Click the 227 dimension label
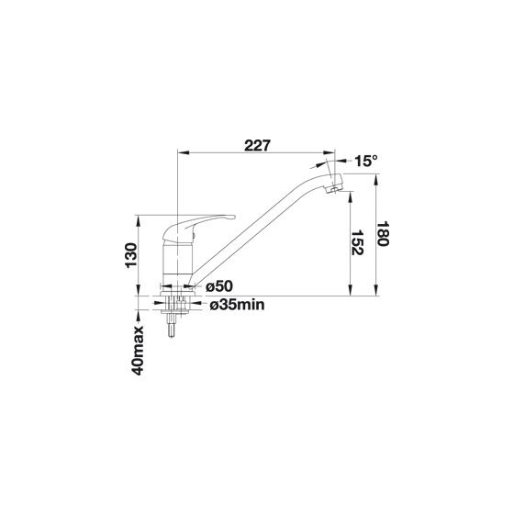click(258, 146)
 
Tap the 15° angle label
click(366, 161)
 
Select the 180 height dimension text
click(383, 234)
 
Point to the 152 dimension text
click(357, 242)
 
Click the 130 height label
click(130, 255)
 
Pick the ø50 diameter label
click(219, 286)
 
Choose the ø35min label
click(237, 305)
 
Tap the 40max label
click(138, 350)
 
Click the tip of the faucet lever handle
click(233, 217)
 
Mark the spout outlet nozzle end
click(334, 190)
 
